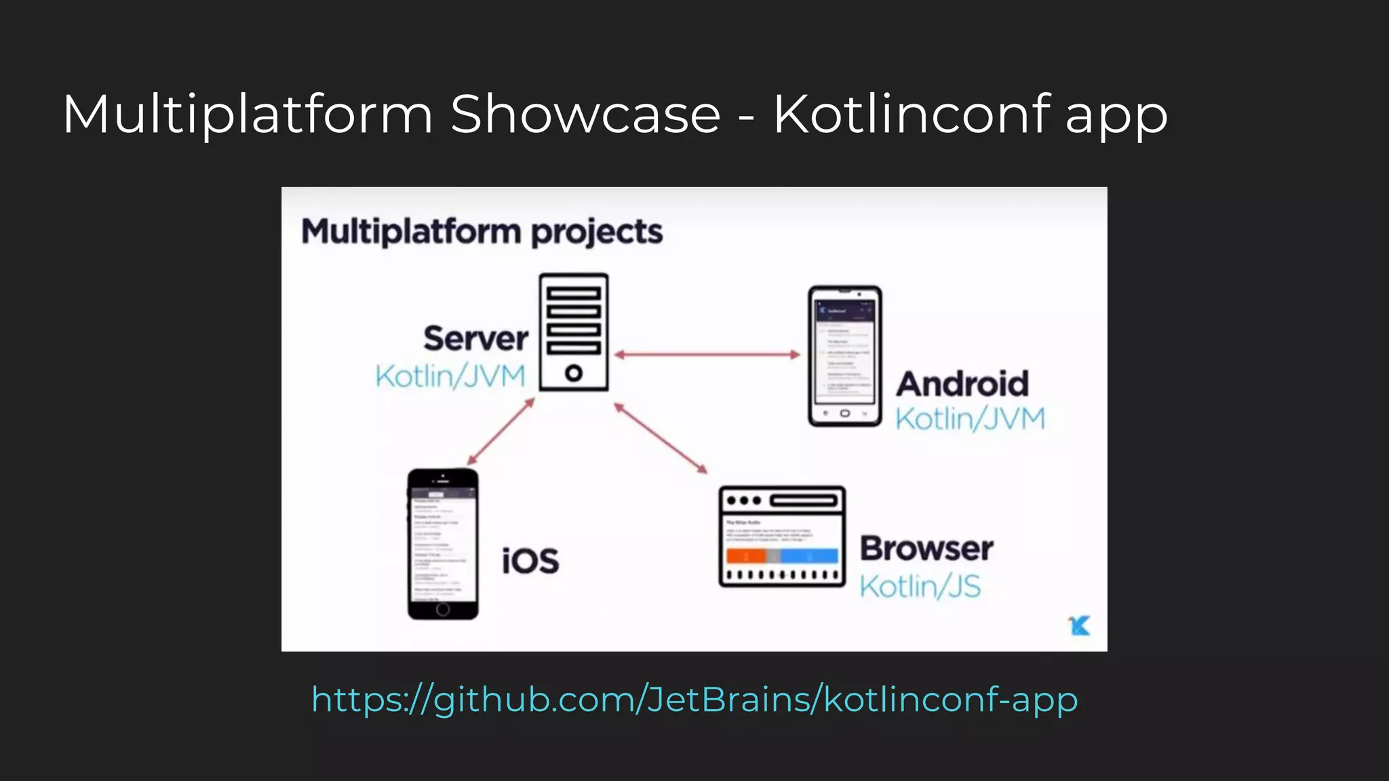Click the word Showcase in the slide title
585,114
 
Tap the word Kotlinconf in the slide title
912,114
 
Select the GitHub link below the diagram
694,699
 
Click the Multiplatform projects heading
482,231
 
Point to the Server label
475,338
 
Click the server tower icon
574,332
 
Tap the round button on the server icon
574,372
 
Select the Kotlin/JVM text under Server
450,376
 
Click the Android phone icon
844,356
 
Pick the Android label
962,384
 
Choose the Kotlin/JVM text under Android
970,419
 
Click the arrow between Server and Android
707,354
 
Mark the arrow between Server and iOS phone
501,432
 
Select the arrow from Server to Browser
661,437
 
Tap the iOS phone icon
443,544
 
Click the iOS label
530,561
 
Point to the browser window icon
782,536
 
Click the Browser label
926,548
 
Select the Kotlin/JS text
920,586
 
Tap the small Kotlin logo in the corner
1079,625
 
